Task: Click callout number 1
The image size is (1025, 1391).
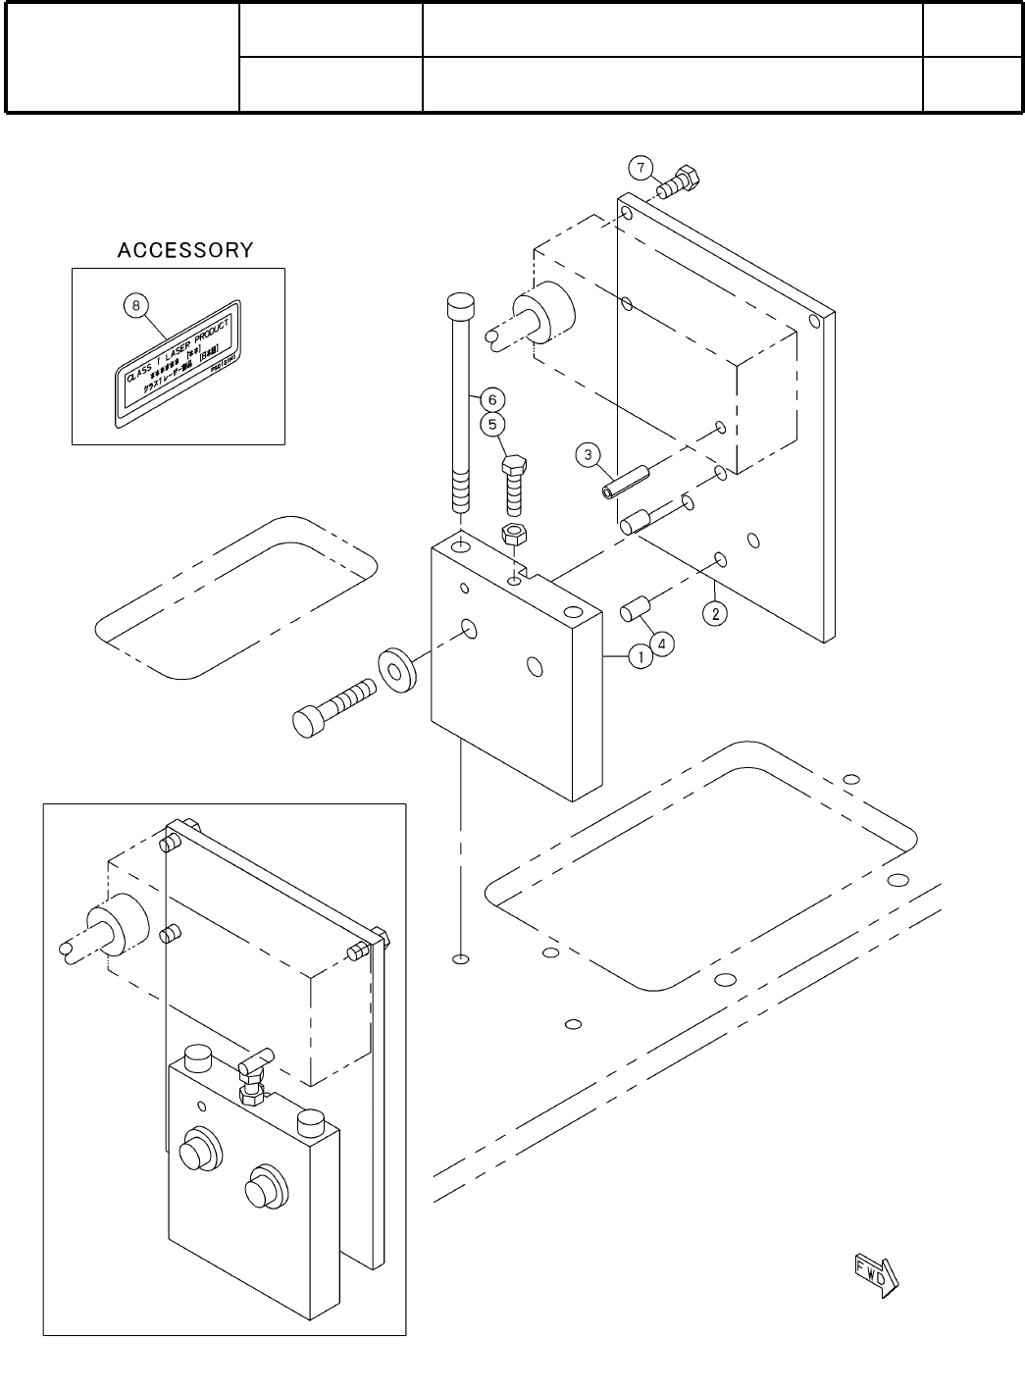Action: click(640, 656)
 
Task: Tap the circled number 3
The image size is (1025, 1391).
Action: click(587, 454)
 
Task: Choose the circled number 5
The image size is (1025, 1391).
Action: click(492, 425)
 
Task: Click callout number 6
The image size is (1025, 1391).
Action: click(492, 399)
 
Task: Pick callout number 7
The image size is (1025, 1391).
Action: click(641, 168)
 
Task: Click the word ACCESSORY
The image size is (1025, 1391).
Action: click(184, 250)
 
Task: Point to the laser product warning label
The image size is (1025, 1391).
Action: click(178, 362)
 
